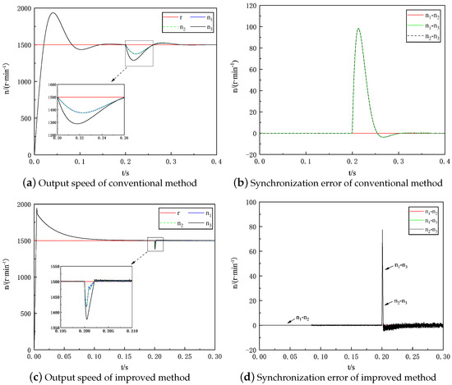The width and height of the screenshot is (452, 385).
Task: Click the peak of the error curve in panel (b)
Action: pos(358,29)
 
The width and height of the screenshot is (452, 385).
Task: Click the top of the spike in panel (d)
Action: pos(382,231)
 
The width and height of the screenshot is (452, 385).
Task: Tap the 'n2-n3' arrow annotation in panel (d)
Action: pos(400,303)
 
